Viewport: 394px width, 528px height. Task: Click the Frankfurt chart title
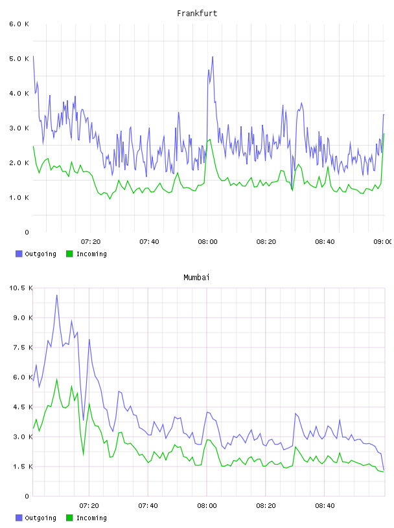[197, 14]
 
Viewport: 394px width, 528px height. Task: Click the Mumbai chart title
[196, 278]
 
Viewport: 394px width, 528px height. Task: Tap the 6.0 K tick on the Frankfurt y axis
[19, 24]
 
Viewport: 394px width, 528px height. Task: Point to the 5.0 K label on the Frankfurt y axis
[19, 59]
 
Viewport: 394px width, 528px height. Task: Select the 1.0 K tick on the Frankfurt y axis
[19, 197]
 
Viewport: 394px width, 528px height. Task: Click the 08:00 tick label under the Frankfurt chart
[208, 242]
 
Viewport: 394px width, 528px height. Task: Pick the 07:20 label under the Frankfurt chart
[91, 242]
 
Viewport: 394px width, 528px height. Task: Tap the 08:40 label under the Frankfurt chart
[325, 242]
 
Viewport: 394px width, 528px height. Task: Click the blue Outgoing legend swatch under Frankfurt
[19, 254]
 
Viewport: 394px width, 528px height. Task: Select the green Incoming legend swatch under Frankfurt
[69, 254]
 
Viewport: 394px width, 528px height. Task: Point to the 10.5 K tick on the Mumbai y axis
[21, 288]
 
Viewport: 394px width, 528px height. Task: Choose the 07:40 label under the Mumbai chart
[148, 506]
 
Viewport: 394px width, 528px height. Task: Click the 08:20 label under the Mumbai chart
[266, 506]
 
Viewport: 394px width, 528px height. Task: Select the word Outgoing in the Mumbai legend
[40, 518]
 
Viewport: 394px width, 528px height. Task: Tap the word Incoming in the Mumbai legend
[91, 518]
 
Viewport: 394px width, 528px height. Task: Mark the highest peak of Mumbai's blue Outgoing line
[56, 295]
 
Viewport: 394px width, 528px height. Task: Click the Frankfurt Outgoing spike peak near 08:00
[213, 56]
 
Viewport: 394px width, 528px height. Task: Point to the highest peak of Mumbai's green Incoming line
[56, 379]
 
